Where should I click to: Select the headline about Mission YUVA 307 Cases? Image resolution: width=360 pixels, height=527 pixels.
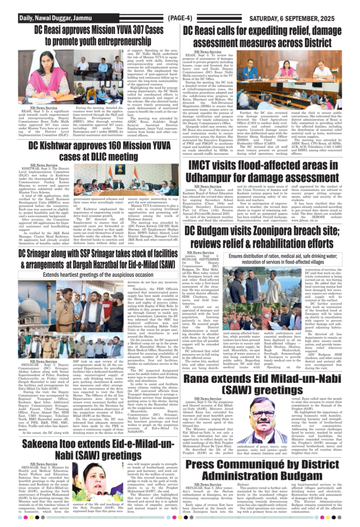(92, 36)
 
